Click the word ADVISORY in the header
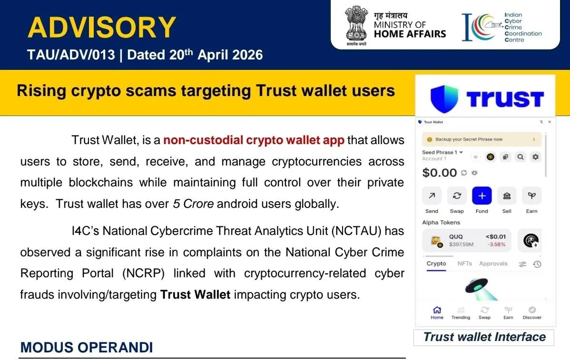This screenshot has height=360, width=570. (x=102, y=27)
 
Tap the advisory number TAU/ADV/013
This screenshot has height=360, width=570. (x=71, y=55)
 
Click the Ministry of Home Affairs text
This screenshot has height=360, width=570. (x=409, y=25)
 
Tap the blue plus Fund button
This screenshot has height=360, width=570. (x=482, y=196)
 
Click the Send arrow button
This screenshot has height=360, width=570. (x=432, y=196)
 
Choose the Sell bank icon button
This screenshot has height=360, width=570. (x=507, y=196)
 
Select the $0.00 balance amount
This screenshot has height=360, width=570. (x=439, y=173)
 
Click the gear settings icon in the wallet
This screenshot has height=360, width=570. (x=536, y=156)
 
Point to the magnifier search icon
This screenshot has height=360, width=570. (x=521, y=156)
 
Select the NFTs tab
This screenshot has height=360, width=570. (x=464, y=263)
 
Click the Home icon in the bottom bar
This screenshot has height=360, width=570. (x=437, y=310)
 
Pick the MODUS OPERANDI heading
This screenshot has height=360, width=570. (x=87, y=348)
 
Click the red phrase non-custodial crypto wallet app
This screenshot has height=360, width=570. (x=254, y=140)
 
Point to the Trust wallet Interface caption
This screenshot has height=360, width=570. (x=484, y=337)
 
